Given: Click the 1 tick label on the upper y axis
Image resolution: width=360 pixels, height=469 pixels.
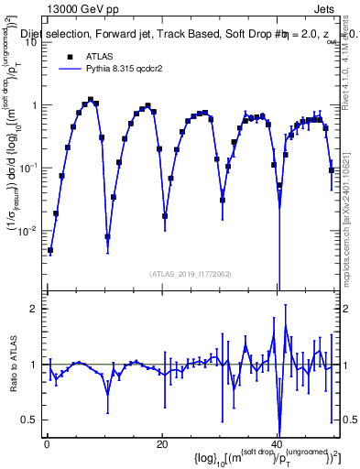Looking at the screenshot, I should [x=35, y=105].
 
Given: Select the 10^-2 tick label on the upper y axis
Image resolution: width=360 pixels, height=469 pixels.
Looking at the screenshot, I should [x=29, y=230].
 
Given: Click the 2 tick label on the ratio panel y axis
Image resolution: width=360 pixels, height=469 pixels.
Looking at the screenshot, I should [x=35, y=309].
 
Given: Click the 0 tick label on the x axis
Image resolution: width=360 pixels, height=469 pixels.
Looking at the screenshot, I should [x=47, y=444].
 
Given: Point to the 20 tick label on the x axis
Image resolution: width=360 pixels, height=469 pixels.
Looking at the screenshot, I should [x=162, y=444].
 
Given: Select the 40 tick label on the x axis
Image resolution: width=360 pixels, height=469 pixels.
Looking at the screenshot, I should [x=278, y=444].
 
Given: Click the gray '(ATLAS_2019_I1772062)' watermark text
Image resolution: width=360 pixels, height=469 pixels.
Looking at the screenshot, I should [x=191, y=274].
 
